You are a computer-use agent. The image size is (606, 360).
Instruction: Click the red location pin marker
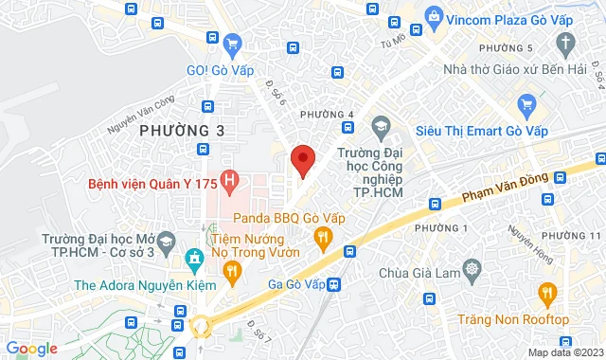point(302,159)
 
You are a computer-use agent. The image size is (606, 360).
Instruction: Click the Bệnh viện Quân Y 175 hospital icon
point(229,178)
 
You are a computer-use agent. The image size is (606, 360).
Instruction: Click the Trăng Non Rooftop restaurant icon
point(547,296)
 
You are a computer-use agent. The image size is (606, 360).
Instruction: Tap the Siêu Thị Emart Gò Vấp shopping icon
point(526,103)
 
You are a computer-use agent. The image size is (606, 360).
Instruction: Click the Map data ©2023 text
point(564,352)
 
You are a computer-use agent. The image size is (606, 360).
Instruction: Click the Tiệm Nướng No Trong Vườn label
point(254,244)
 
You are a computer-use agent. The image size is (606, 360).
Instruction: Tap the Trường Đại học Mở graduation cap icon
point(167,240)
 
